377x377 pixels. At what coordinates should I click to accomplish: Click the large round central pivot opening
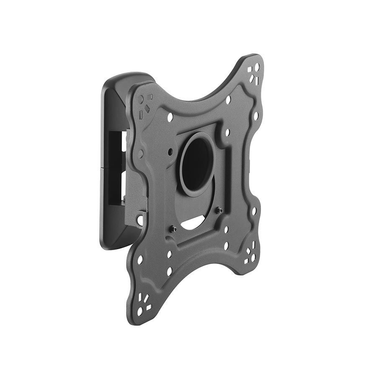[196, 163]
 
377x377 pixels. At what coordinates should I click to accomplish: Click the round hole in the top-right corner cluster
[257, 67]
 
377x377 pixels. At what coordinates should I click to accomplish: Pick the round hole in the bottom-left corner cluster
[140, 312]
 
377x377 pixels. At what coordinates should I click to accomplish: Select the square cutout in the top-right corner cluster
[250, 70]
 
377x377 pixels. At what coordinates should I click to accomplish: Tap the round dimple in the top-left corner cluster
[141, 99]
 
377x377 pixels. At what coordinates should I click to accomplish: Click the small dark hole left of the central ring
[171, 151]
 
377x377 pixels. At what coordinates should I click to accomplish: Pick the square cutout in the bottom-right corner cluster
[247, 261]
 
